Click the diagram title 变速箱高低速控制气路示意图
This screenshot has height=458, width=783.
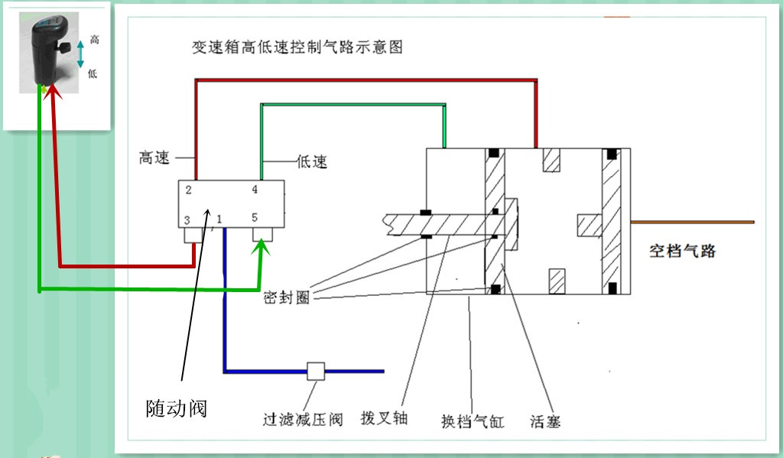click(297, 47)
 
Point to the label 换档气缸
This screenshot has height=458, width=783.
click(473, 421)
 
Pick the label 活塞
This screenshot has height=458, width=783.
click(544, 421)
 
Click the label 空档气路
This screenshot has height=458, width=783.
click(682, 251)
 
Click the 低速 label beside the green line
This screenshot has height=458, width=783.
click(311, 162)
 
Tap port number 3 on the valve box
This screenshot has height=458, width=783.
click(187, 220)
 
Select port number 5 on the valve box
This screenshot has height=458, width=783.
click(255, 218)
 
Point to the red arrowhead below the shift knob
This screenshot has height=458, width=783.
click(51, 93)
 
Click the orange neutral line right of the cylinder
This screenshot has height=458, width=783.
click(692, 223)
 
